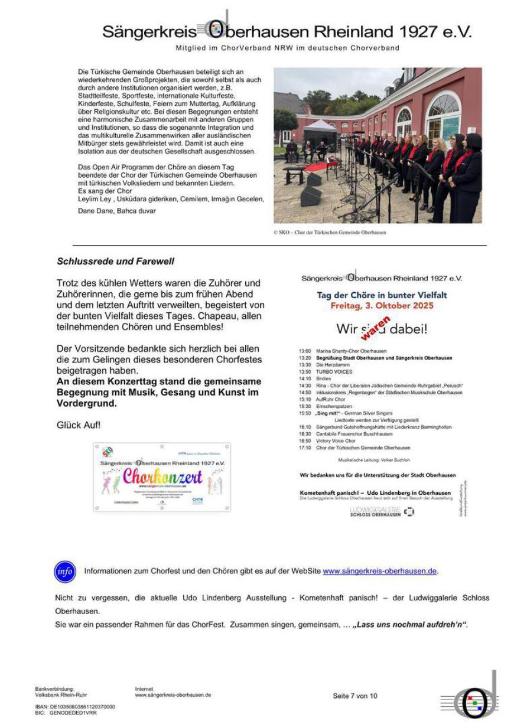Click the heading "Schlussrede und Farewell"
(115, 261)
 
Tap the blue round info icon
(65, 571)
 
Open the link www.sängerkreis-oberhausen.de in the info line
(380, 571)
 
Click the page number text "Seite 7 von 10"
(354, 696)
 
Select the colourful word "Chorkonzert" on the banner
(162, 476)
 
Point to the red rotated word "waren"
(376, 328)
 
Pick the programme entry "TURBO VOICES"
(334, 372)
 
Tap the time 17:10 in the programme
(305, 448)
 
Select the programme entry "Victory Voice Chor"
(336, 441)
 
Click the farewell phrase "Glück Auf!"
(79, 425)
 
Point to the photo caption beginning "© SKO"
(329, 233)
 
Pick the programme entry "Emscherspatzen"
(334, 406)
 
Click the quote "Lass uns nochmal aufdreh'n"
(410, 625)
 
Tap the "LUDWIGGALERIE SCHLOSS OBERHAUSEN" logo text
(375, 511)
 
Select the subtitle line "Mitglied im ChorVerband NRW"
(287, 48)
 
